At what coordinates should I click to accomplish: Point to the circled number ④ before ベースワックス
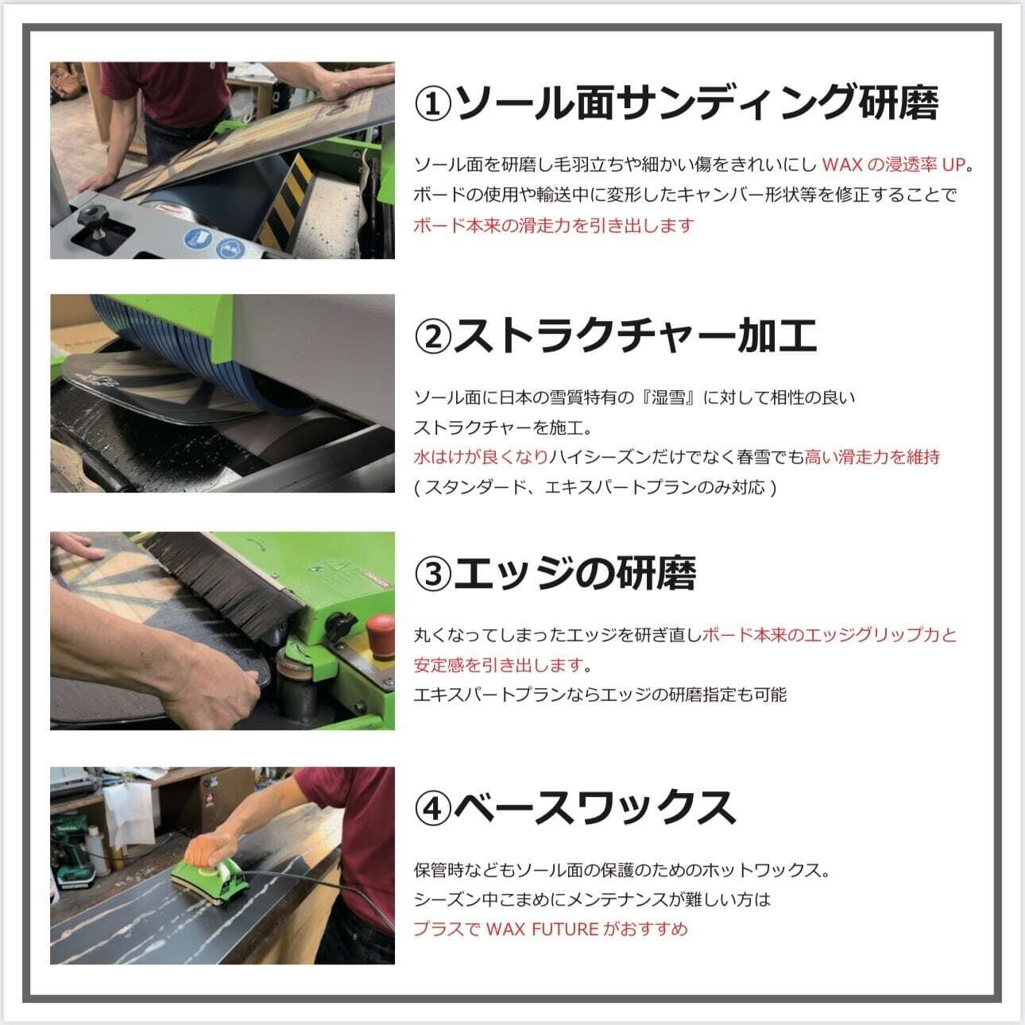433,809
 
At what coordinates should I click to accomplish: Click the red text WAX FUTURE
542,930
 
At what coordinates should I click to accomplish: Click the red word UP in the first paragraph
953,165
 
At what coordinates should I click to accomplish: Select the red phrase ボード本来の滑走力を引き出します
554,226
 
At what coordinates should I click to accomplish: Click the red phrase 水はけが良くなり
481,457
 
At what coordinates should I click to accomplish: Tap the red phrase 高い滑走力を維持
872,457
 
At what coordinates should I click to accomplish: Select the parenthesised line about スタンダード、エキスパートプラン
594,487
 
